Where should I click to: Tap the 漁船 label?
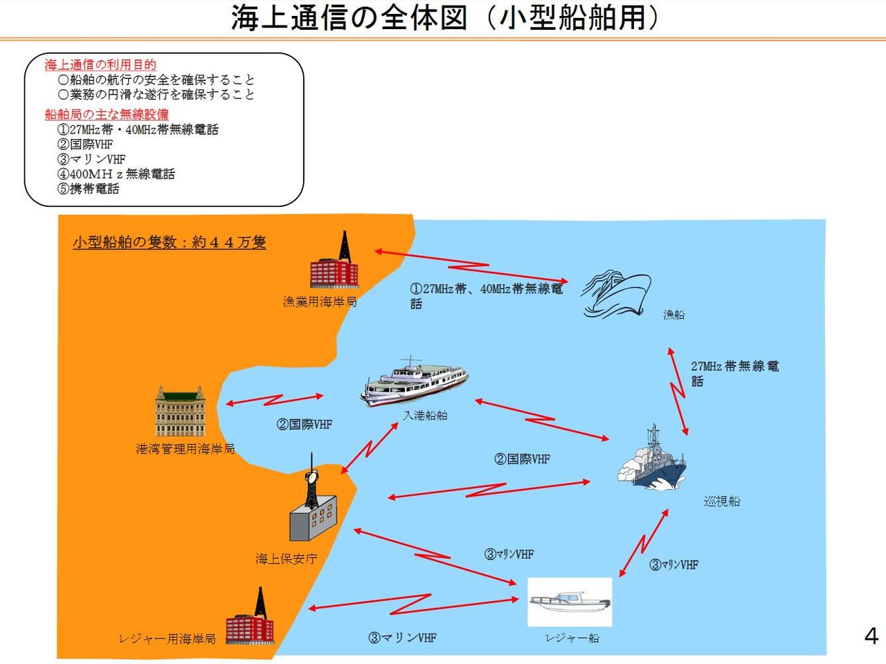coord(673,315)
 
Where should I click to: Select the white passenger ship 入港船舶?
coord(414,380)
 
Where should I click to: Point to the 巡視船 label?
coord(722,501)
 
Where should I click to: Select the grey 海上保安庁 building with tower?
coord(313,505)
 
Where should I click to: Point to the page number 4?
coord(871,636)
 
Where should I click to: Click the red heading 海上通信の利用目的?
coord(100,65)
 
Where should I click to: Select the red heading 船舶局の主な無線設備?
coord(107,114)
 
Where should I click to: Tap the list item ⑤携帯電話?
coord(89,188)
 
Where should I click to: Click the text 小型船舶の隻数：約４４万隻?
coord(170,243)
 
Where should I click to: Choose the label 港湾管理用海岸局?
coord(186,449)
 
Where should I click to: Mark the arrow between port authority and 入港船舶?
coord(275,400)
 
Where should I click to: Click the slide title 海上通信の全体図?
coord(443,18)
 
